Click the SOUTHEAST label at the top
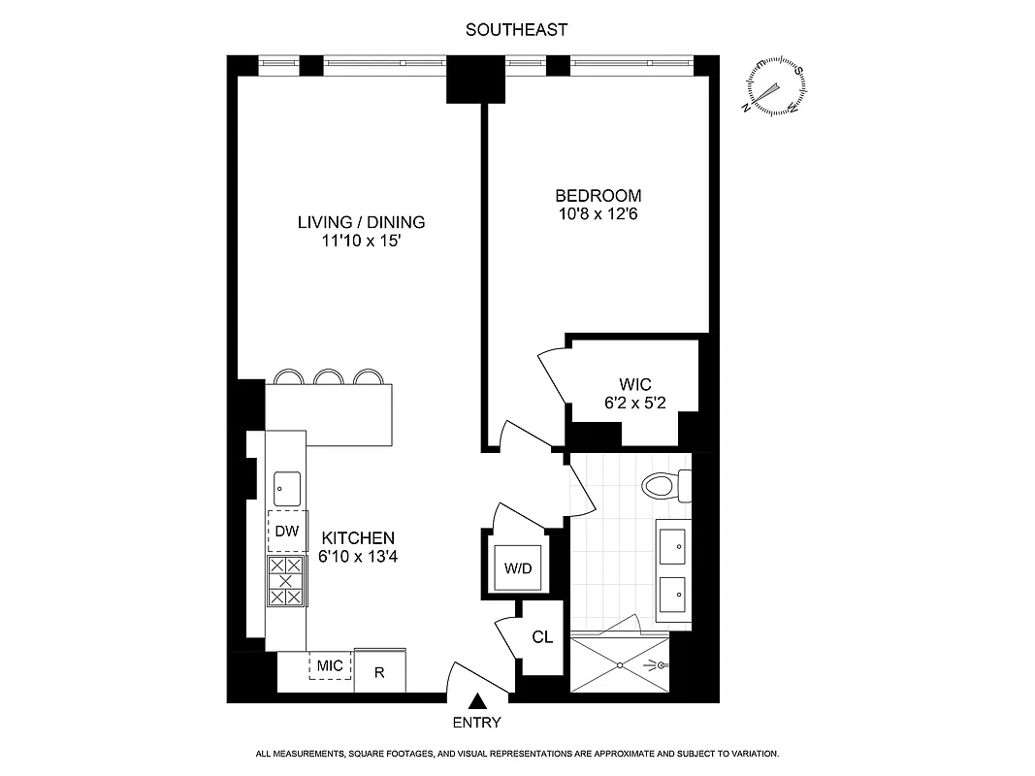coord(516,30)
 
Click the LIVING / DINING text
coord(361,222)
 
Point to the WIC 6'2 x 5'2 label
coord(632,393)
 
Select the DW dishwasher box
coord(285,531)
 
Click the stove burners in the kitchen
coord(285,581)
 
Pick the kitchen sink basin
coord(286,488)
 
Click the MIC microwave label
coord(330,665)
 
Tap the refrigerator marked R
coord(380,671)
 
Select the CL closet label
coord(542,637)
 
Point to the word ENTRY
coord(477,723)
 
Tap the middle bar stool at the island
coord(329,377)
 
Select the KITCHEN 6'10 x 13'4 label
coord(358,547)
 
